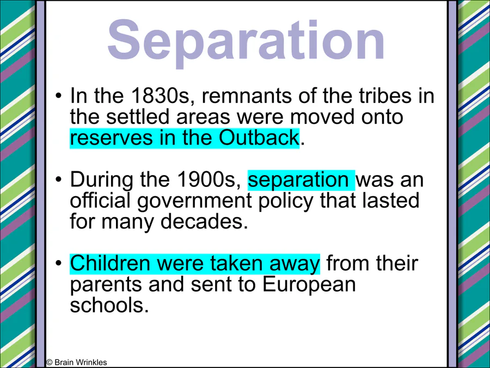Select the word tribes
tap(385, 95)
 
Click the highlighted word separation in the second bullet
tap(298, 179)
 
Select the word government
tap(194, 201)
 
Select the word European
tap(309, 284)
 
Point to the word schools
tap(109, 305)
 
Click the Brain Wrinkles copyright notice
tap(77, 363)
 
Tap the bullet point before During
tap(58, 179)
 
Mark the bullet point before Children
tap(58, 263)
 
